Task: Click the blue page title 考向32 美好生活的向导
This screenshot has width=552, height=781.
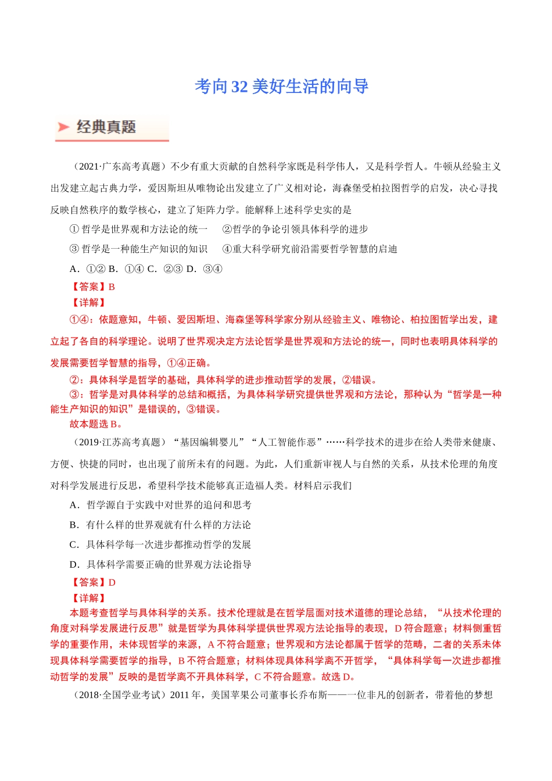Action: click(282, 87)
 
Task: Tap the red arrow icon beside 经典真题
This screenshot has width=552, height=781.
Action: click(63, 127)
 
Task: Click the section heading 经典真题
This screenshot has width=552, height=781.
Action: click(106, 127)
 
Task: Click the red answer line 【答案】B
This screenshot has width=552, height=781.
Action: click(92, 286)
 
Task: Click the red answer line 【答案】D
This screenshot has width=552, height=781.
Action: click(92, 582)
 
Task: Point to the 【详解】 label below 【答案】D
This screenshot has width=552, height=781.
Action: click(88, 598)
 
